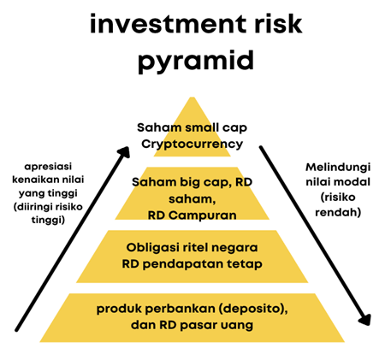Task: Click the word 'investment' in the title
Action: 168,24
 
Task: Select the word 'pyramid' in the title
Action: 196,61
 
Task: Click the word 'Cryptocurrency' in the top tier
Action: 192,145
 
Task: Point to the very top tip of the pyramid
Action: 192,97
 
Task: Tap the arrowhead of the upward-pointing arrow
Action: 125,152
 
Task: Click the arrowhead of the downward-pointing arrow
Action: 365,319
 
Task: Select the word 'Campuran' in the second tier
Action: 203,215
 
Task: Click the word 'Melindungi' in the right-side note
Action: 338,168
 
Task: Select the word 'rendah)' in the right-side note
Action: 338,212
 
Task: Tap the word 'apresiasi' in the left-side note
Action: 48,167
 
